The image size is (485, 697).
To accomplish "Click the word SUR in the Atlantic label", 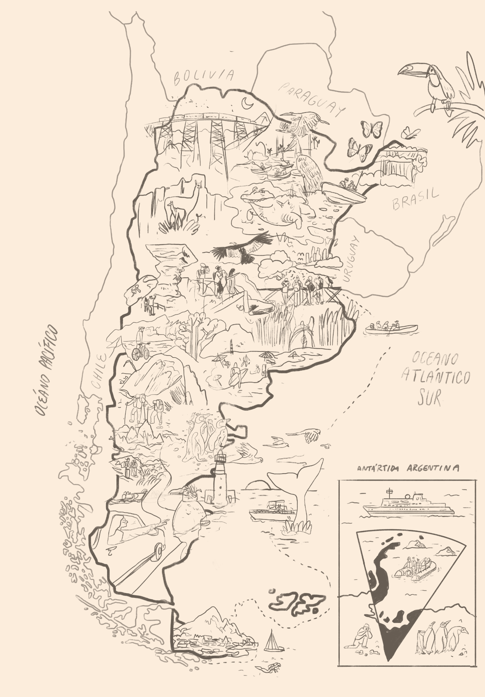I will (x=429, y=398).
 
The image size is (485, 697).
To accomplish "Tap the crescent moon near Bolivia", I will (x=247, y=103).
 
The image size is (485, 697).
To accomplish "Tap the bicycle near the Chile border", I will (x=141, y=352).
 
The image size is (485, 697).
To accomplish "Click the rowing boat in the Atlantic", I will (x=391, y=328).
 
